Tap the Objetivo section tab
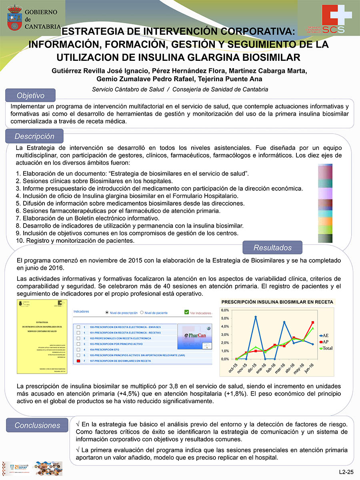point(30,96)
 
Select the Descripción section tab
point(34,136)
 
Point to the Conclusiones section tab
point(37,425)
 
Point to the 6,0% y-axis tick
point(225,310)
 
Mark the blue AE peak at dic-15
point(256,317)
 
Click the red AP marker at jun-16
point(312,322)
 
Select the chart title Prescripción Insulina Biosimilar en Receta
point(277,302)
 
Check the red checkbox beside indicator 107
point(78,361)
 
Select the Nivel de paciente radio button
point(141,313)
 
